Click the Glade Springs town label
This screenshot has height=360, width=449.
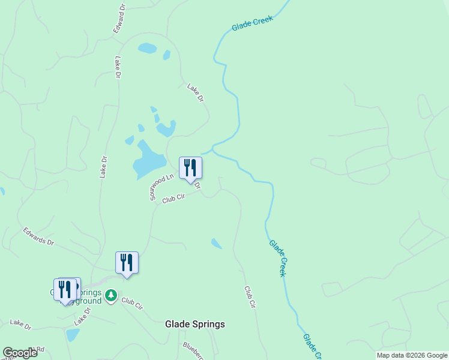(195, 324)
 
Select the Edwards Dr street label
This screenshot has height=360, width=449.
(38, 236)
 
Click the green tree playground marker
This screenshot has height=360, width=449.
(110, 295)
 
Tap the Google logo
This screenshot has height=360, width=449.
(20, 353)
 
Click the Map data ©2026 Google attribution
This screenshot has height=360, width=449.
(412, 355)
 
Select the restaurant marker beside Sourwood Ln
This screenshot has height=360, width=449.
(190, 168)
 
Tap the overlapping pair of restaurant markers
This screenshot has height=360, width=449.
(66, 290)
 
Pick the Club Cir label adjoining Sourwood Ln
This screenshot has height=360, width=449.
(173, 198)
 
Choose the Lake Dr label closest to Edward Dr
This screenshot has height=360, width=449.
(118, 67)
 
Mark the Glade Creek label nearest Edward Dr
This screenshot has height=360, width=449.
(252, 23)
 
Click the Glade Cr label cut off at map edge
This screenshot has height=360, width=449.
(313, 347)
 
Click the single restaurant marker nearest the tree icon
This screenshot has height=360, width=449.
(127, 263)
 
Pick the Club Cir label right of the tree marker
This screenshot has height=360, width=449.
(131, 303)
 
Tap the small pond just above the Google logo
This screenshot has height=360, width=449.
(72, 335)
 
